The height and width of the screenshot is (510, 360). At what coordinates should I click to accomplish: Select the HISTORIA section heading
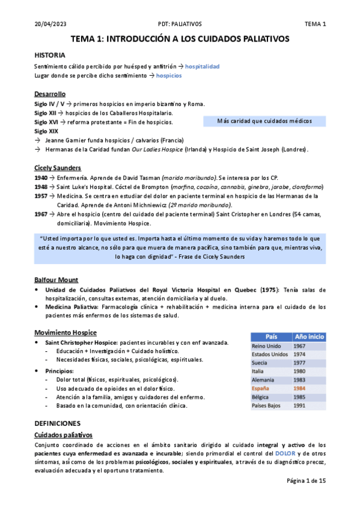point(50,55)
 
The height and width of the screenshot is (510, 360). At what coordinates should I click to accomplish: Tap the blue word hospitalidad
point(202,66)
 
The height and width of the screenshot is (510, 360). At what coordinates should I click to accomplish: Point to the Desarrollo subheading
point(50,94)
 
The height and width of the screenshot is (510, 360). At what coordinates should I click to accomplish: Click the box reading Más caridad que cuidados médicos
point(264,121)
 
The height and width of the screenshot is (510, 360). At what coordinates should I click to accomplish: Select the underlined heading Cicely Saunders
point(58,168)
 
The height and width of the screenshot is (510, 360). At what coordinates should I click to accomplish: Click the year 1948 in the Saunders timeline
point(41,186)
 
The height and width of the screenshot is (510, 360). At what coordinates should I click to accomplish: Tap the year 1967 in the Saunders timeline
point(41,214)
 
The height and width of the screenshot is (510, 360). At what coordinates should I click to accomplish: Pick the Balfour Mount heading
point(56,280)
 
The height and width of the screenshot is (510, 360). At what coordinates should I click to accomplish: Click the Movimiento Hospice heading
point(66,333)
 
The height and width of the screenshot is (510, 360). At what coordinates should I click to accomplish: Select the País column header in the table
point(271,337)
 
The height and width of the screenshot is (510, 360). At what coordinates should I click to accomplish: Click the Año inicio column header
point(310,337)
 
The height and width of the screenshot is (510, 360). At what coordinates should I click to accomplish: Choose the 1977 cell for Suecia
point(300,363)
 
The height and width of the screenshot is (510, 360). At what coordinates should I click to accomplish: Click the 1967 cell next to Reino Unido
point(300,346)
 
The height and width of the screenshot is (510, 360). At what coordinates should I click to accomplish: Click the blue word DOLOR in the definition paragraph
point(285,453)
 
